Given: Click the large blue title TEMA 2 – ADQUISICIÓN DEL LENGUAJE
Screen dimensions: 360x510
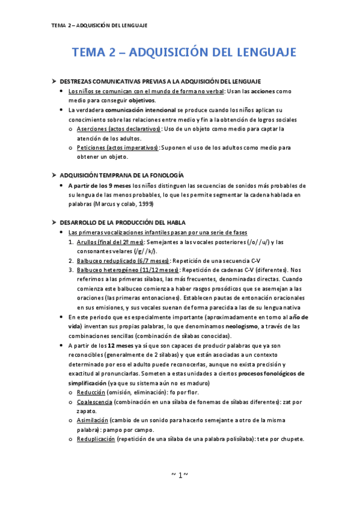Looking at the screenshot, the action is click(184, 52).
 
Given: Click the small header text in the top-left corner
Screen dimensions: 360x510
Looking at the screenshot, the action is click(99, 25).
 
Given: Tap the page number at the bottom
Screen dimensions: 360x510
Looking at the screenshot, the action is click(180, 475).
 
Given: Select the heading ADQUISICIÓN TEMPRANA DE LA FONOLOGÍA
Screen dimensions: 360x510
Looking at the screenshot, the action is click(122, 174).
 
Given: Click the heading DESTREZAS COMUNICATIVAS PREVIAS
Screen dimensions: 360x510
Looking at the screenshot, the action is click(160, 81).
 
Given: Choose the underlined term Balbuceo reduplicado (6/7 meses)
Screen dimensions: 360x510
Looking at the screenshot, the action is click(123, 260).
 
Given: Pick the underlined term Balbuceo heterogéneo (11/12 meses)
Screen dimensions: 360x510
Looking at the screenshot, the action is click(123, 270).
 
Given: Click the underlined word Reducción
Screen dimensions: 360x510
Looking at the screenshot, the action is click(91, 392).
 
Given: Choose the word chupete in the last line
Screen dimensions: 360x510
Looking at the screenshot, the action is click(289, 438).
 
